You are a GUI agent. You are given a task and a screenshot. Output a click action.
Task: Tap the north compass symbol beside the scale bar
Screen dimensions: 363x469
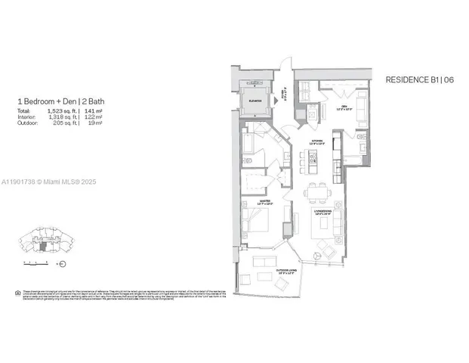pyautogui.click(x=62, y=264)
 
